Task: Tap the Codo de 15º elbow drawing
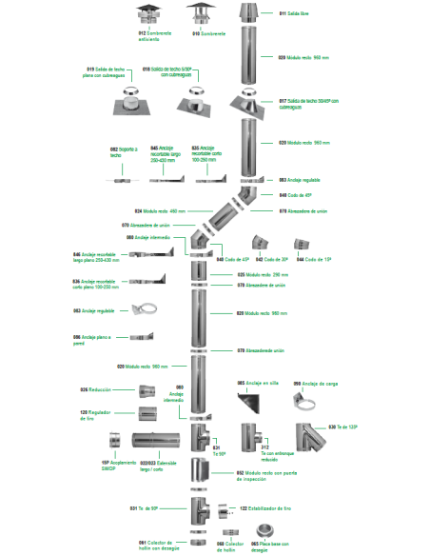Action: point(302,241)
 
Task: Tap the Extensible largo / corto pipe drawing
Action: point(156,443)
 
